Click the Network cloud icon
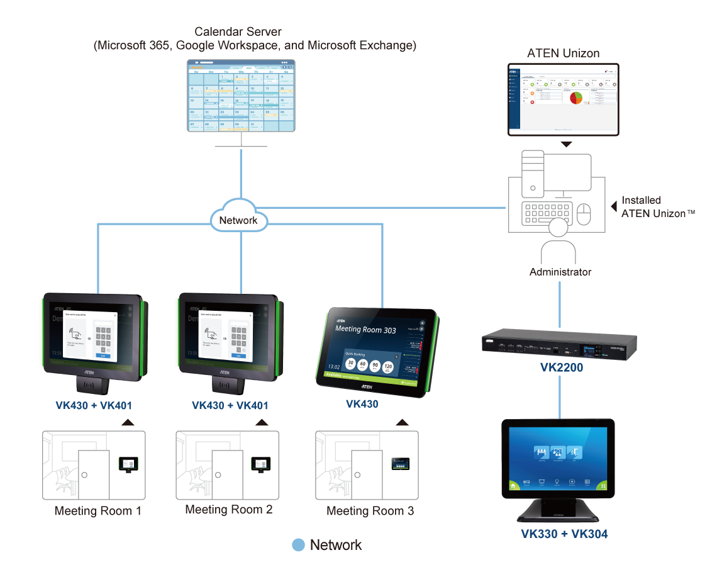(x=238, y=220)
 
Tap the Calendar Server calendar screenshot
(x=242, y=96)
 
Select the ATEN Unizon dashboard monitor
(x=564, y=99)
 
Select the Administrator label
(x=560, y=272)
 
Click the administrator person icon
(x=559, y=244)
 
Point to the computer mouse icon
(x=586, y=213)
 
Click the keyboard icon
(x=545, y=213)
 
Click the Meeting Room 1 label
(x=97, y=511)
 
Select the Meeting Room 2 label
(x=229, y=510)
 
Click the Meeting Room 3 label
(x=370, y=511)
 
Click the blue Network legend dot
(x=299, y=545)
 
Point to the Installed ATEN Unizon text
(x=653, y=207)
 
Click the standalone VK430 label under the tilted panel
(x=362, y=404)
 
